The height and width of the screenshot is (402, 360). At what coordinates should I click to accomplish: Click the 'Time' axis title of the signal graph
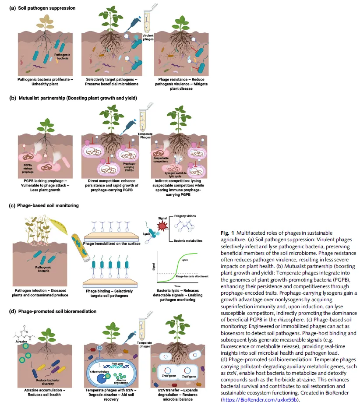point(180,285)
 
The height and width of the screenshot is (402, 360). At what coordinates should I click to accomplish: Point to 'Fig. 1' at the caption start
point(228,233)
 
